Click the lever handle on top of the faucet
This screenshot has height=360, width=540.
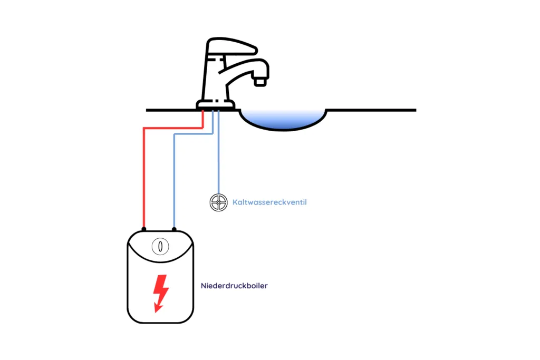232,47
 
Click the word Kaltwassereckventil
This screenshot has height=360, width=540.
269,202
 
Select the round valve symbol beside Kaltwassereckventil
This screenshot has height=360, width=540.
218,202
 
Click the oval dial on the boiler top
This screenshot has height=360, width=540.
160,246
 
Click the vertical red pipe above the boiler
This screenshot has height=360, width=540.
143,179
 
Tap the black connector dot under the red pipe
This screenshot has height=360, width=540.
143,229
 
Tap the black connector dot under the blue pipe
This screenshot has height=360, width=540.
174,229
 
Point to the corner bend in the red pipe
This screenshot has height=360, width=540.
144,128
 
